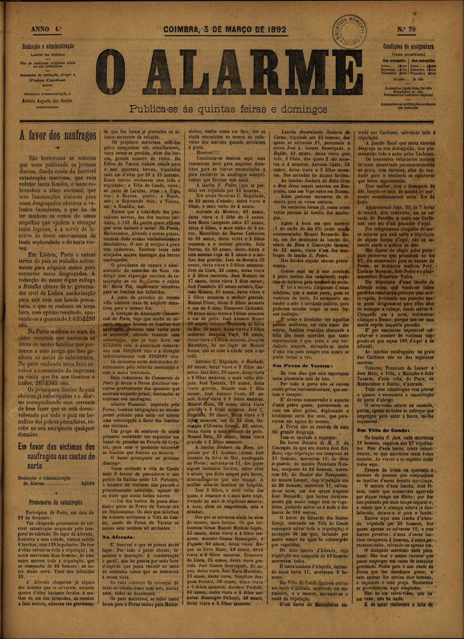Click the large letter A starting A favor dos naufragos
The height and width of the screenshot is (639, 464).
pyautogui.click(x=23, y=137)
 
